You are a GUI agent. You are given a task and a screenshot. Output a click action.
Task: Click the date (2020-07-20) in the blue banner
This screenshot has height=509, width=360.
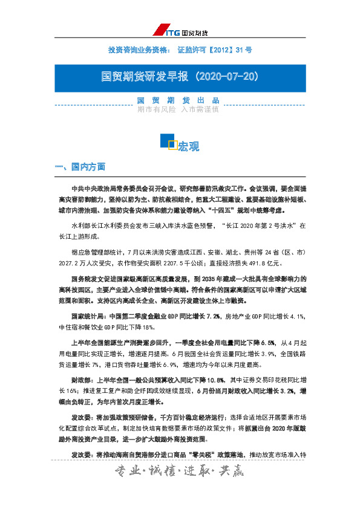coord(223,77)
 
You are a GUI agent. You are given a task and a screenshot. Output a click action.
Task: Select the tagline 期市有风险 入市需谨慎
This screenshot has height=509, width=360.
coord(178,109)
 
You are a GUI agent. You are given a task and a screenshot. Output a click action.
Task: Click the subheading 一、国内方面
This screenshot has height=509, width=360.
coord(80,166)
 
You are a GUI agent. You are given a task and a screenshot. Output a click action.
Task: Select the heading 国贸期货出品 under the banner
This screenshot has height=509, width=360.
coord(178,100)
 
